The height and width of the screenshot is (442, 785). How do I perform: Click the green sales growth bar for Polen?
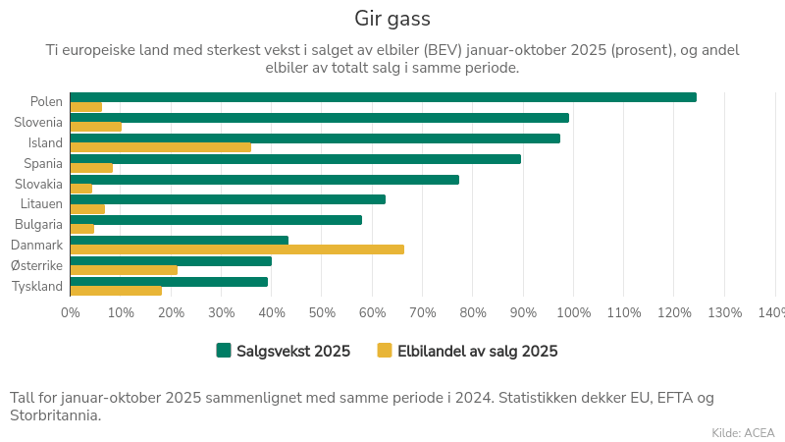(x=383, y=97)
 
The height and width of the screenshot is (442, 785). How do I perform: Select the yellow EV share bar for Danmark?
(x=237, y=249)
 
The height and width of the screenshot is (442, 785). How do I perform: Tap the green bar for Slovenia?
(x=319, y=118)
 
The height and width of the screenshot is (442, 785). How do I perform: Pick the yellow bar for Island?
(x=161, y=147)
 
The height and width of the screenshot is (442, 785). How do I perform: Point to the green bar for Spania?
(x=295, y=159)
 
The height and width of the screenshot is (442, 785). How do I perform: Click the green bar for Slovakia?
(x=265, y=180)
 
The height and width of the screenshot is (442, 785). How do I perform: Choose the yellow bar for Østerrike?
(x=124, y=270)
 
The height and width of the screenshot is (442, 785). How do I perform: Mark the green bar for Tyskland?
(x=169, y=282)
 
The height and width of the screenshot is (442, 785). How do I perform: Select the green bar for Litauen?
(x=228, y=199)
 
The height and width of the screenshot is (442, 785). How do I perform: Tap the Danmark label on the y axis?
(x=37, y=246)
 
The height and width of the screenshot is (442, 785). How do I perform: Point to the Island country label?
(x=45, y=142)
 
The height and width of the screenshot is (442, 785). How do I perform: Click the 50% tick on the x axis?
(x=322, y=313)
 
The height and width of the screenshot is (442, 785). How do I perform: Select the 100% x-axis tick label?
(x=574, y=313)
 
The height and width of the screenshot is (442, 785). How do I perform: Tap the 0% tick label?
(x=71, y=313)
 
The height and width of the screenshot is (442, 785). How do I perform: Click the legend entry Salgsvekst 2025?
(x=284, y=351)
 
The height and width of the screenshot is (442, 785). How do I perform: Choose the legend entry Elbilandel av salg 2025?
(x=467, y=351)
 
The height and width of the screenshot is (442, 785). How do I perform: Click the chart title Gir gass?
(x=392, y=19)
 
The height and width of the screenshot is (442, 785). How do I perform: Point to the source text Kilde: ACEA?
(x=743, y=432)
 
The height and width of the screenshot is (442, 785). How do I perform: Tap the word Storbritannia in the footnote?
(x=55, y=415)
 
